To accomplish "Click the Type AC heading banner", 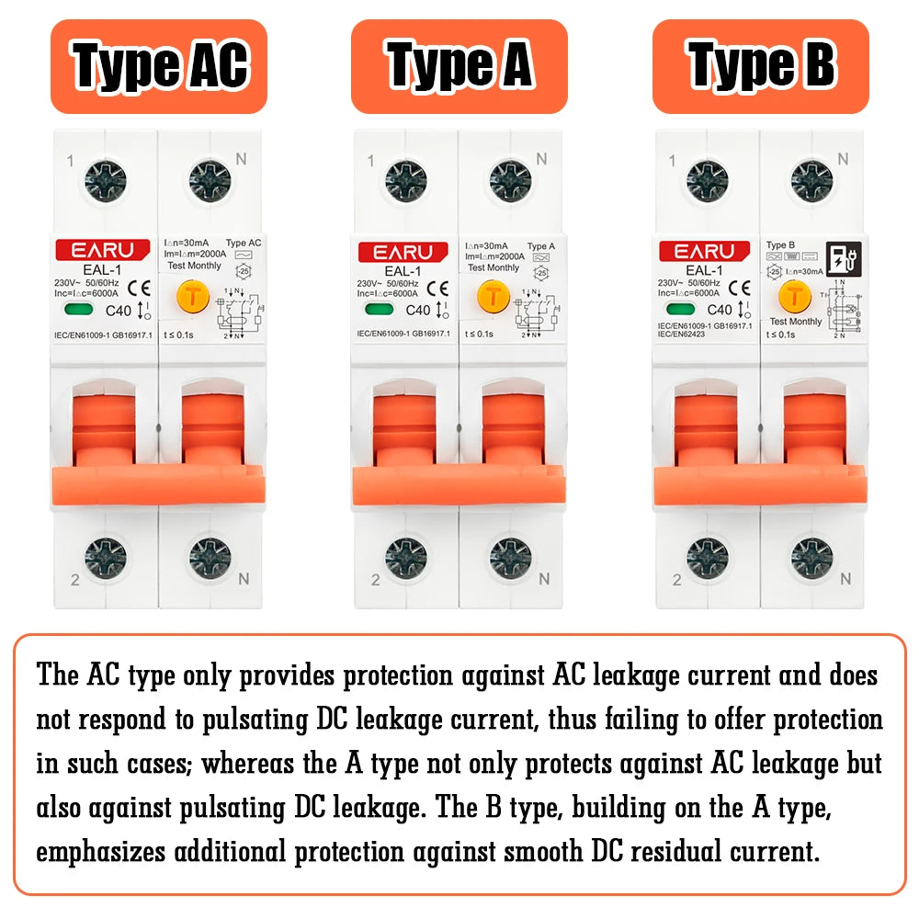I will pos(159,66).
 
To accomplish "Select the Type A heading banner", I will pos(459,66).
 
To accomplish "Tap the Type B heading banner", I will pos(760,66).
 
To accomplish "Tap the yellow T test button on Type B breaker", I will pos(792,295).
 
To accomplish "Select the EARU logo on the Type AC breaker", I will pos(103,251).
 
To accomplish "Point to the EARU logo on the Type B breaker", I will pos(704,251).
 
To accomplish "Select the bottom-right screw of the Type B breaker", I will pos(811,558).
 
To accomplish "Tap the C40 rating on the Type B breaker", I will pos(718,311).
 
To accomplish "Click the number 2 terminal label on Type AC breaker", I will pos(74,580).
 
